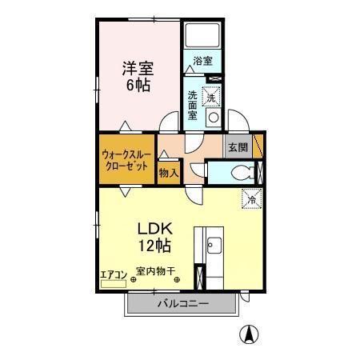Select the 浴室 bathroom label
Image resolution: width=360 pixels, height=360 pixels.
(x=202, y=61)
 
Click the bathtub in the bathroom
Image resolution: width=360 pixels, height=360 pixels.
(x=203, y=35)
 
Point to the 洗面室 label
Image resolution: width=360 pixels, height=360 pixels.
(x=193, y=104)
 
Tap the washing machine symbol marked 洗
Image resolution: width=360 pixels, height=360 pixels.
(x=212, y=95)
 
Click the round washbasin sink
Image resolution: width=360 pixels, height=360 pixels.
(x=214, y=118)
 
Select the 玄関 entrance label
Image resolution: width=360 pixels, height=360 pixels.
(x=237, y=148)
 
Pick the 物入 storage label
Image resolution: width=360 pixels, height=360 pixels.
(x=168, y=171)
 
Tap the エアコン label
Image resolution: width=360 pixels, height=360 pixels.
(x=113, y=274)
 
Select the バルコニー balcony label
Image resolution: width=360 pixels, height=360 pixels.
(x=182, y=304)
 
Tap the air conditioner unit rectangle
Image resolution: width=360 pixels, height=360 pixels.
(x=113, y=282)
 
